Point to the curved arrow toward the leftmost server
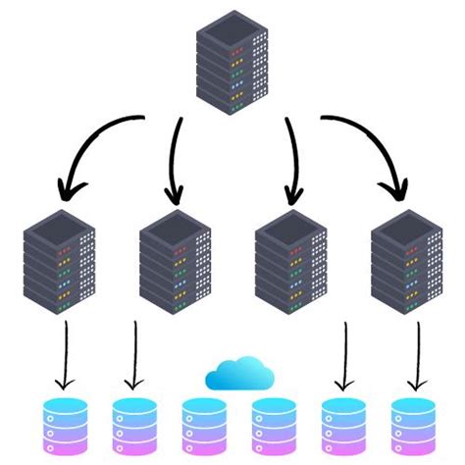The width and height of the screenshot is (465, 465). click(96, 147)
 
